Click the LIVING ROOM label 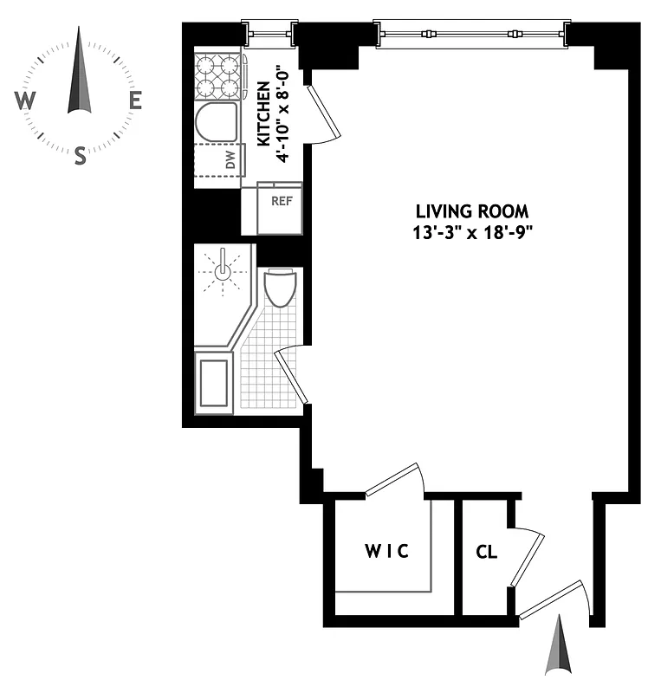[472, 211]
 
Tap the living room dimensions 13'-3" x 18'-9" [472, 232]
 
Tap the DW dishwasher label [230, 159]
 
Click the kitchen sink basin [216, 123]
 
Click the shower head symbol [224, 271]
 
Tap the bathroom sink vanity [214, 382]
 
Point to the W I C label [386, 551]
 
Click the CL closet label [486, 551]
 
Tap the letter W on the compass [24, 101]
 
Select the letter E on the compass [135, 100]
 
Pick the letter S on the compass [80, 156]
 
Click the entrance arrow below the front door [558, 645]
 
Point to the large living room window [472, 34]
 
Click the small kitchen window [270, 34]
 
